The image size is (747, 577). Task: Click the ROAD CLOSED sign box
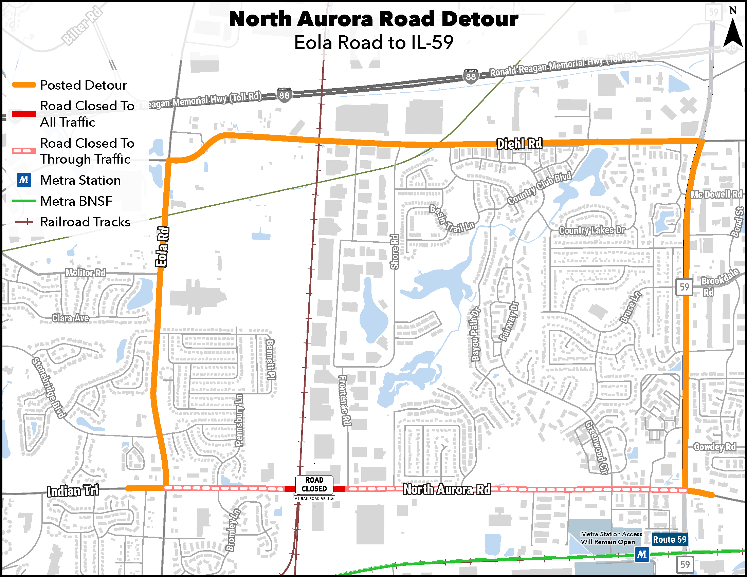tap(314, 484)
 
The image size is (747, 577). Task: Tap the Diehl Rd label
tap(519, 144)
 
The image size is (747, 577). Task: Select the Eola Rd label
tap(162, 246)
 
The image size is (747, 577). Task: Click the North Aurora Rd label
tap(447, 489)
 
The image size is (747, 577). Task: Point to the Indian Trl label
tap(73, 491)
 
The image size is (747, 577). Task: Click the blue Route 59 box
tap(669, 539)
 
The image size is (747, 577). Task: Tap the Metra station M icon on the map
tap(642, 554)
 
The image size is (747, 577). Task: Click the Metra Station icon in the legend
tap(24, 180)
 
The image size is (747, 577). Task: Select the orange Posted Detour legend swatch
tap(24, 85)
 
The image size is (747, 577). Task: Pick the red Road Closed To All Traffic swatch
tap(24, 114)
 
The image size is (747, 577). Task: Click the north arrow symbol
tap(733, 33)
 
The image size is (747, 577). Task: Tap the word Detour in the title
tap(479, 19)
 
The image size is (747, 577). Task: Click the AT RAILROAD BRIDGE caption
tap(314, 499)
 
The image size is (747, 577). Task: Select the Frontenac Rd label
tap(344, 400)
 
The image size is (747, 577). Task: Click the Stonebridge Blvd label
tap(48, 388)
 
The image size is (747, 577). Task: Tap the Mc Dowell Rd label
tap(716, 195)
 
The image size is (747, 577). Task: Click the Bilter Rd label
tap(82, 26)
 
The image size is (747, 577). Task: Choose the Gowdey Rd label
tap(714, 447)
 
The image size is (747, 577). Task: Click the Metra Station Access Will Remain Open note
tap(611, 538)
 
